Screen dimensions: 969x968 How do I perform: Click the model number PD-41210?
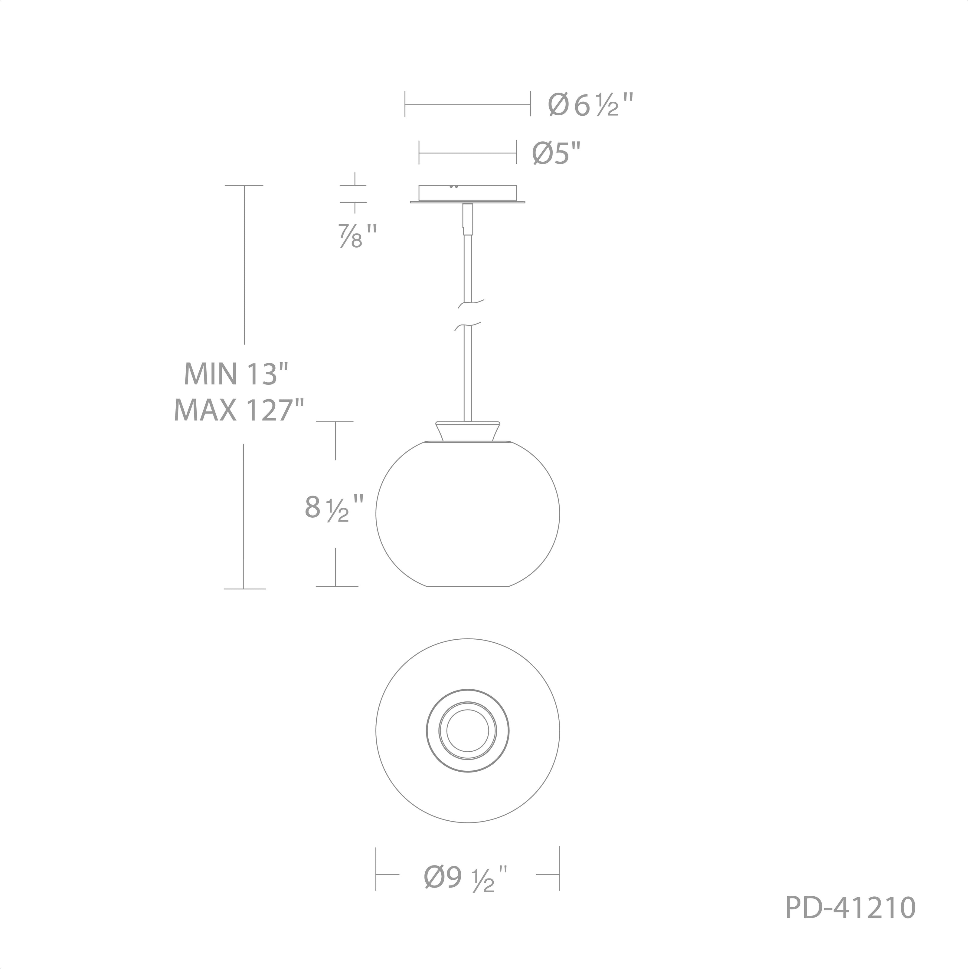pos(850,922)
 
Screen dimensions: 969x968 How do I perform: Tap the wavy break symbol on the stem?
pos(469,315)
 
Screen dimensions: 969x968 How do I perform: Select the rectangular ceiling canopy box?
pos(467,193)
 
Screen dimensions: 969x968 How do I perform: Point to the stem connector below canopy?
pos(468,219)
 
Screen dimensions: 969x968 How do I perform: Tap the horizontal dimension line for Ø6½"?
pos(467,105)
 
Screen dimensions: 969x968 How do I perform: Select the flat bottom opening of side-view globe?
pos(468,586)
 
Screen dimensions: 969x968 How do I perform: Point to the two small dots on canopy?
pos(454,186)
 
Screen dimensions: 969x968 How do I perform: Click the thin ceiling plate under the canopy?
pos(467,202)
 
